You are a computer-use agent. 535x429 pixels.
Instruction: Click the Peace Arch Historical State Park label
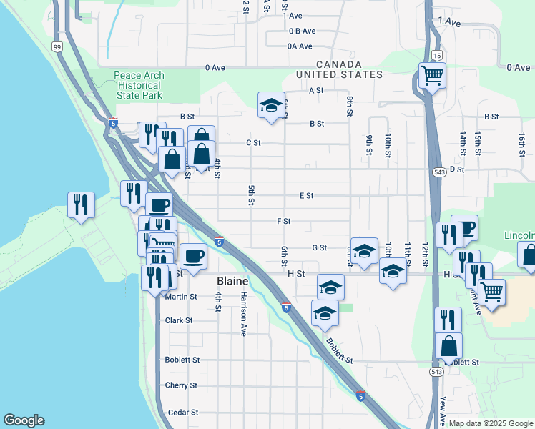pos(138,85)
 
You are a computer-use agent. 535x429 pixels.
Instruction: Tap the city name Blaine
pos(232,282)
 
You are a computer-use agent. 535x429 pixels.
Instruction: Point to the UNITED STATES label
pos(340,74)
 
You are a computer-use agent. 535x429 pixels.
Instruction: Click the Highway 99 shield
pos(57,46)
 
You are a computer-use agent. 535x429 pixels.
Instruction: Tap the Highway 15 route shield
pos(436,55)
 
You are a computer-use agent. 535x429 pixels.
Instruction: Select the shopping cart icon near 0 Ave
pos(433,74)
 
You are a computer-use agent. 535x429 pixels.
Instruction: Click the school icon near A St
pos(271,105)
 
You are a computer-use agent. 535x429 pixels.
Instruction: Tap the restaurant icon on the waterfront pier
pos(82,204)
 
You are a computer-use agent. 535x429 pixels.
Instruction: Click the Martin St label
pos(180,297)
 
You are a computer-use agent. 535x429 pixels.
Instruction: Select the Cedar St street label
pos(182,413)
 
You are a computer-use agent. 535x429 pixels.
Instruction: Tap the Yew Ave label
pos(443,411)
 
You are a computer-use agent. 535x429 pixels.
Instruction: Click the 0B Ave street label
pos(302,31)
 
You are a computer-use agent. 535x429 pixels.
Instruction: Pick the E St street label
pos(306,195)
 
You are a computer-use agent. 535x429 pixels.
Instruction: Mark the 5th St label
pos(252,195)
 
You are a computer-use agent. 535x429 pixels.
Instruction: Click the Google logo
pos(24,420)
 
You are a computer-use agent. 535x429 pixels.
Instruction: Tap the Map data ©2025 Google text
pos(489,423)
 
